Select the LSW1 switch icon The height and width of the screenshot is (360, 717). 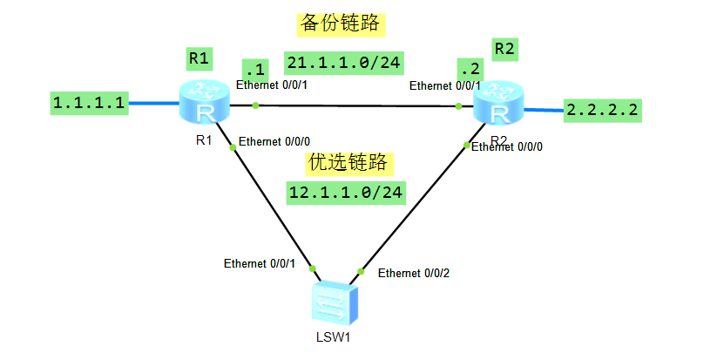click(x=335, y=302)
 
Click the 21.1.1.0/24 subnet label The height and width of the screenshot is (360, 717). click(x=344, y=63)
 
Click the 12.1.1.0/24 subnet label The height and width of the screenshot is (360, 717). click(x=346, y=192)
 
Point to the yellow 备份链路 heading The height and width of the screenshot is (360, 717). click(x=340, y=23)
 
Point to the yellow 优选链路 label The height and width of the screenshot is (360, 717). click(x=348, y=162)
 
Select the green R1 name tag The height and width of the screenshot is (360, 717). click(x=200, y=58)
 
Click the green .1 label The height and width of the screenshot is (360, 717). click(x=254, y=69)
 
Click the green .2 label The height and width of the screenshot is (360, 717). click(x=470, y=69)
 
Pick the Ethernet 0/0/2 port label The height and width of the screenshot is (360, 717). click(x=414, y=273)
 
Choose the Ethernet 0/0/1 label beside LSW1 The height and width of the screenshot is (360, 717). click(x=260, y=262)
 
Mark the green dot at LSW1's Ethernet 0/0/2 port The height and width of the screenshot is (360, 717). click(x=362, y=270)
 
